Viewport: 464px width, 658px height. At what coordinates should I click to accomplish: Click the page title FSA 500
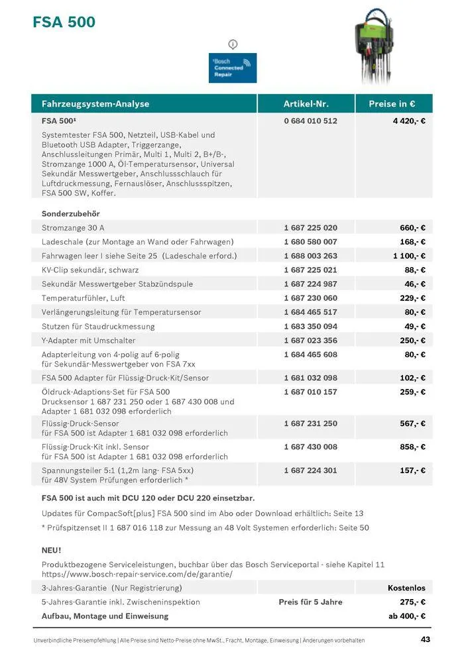[x=64, y=23]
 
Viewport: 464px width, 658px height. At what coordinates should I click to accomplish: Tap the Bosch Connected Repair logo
[x=233, y=68]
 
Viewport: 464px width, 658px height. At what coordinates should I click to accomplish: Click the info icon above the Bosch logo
[x=233, y=44]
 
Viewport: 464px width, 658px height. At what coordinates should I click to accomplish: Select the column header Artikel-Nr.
[x=306, y=104]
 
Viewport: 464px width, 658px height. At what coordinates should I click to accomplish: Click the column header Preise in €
[x=392, y=104]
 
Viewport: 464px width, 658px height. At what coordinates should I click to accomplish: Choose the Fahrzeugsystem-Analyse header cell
[x=95, y=104]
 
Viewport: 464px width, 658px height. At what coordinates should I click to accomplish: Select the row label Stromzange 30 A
[x=73, y=228]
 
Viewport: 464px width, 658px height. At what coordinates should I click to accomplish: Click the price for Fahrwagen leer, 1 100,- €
[x=409, y=256]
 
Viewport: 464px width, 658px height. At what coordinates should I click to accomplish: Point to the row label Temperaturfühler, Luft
[x=83, y=298]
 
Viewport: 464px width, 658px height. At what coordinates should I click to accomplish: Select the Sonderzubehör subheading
[x=70, y=214]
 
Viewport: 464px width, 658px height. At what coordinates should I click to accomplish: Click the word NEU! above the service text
[x=52, y=550]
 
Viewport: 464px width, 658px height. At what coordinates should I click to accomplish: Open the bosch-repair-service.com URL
[x=137, y=574]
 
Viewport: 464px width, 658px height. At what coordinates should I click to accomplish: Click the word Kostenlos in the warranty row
[x=406, y=588]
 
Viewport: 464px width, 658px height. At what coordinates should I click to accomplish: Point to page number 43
[x=425, y=639]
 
